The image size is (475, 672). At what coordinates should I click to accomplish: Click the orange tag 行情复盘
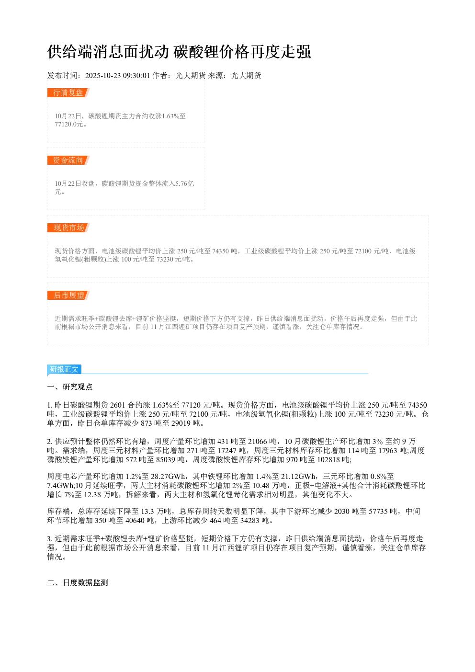click(x=68, y=93)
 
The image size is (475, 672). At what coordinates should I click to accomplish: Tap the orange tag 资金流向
click(x=68, y=160)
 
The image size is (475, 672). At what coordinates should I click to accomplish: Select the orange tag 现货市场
click(x=68, y=228)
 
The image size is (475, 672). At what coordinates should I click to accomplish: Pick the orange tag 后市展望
click(x=68, y=295)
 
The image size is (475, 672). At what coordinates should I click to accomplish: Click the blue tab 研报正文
click(x=64, y=369)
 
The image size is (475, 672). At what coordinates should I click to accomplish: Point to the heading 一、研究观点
click(x=70, y=387)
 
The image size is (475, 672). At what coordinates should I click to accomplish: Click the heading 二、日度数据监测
click(x=78, y=582)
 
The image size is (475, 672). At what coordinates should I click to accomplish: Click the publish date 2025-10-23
click(x=103, y=75)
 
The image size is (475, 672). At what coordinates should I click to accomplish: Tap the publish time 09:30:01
click(x=136, y=75)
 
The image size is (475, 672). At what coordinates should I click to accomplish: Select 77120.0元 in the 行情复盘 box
click(x=69, y=124)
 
